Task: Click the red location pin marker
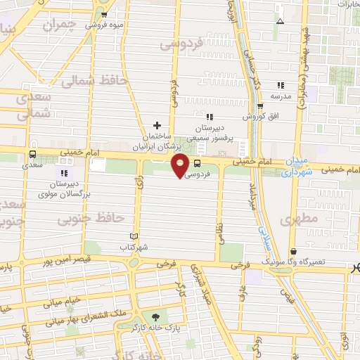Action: (181, 165)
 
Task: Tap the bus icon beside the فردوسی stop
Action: (197, 161)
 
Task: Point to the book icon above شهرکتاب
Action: (134, 237)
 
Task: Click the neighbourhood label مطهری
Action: (300, 220)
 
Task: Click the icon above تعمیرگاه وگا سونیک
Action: (292, 251)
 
